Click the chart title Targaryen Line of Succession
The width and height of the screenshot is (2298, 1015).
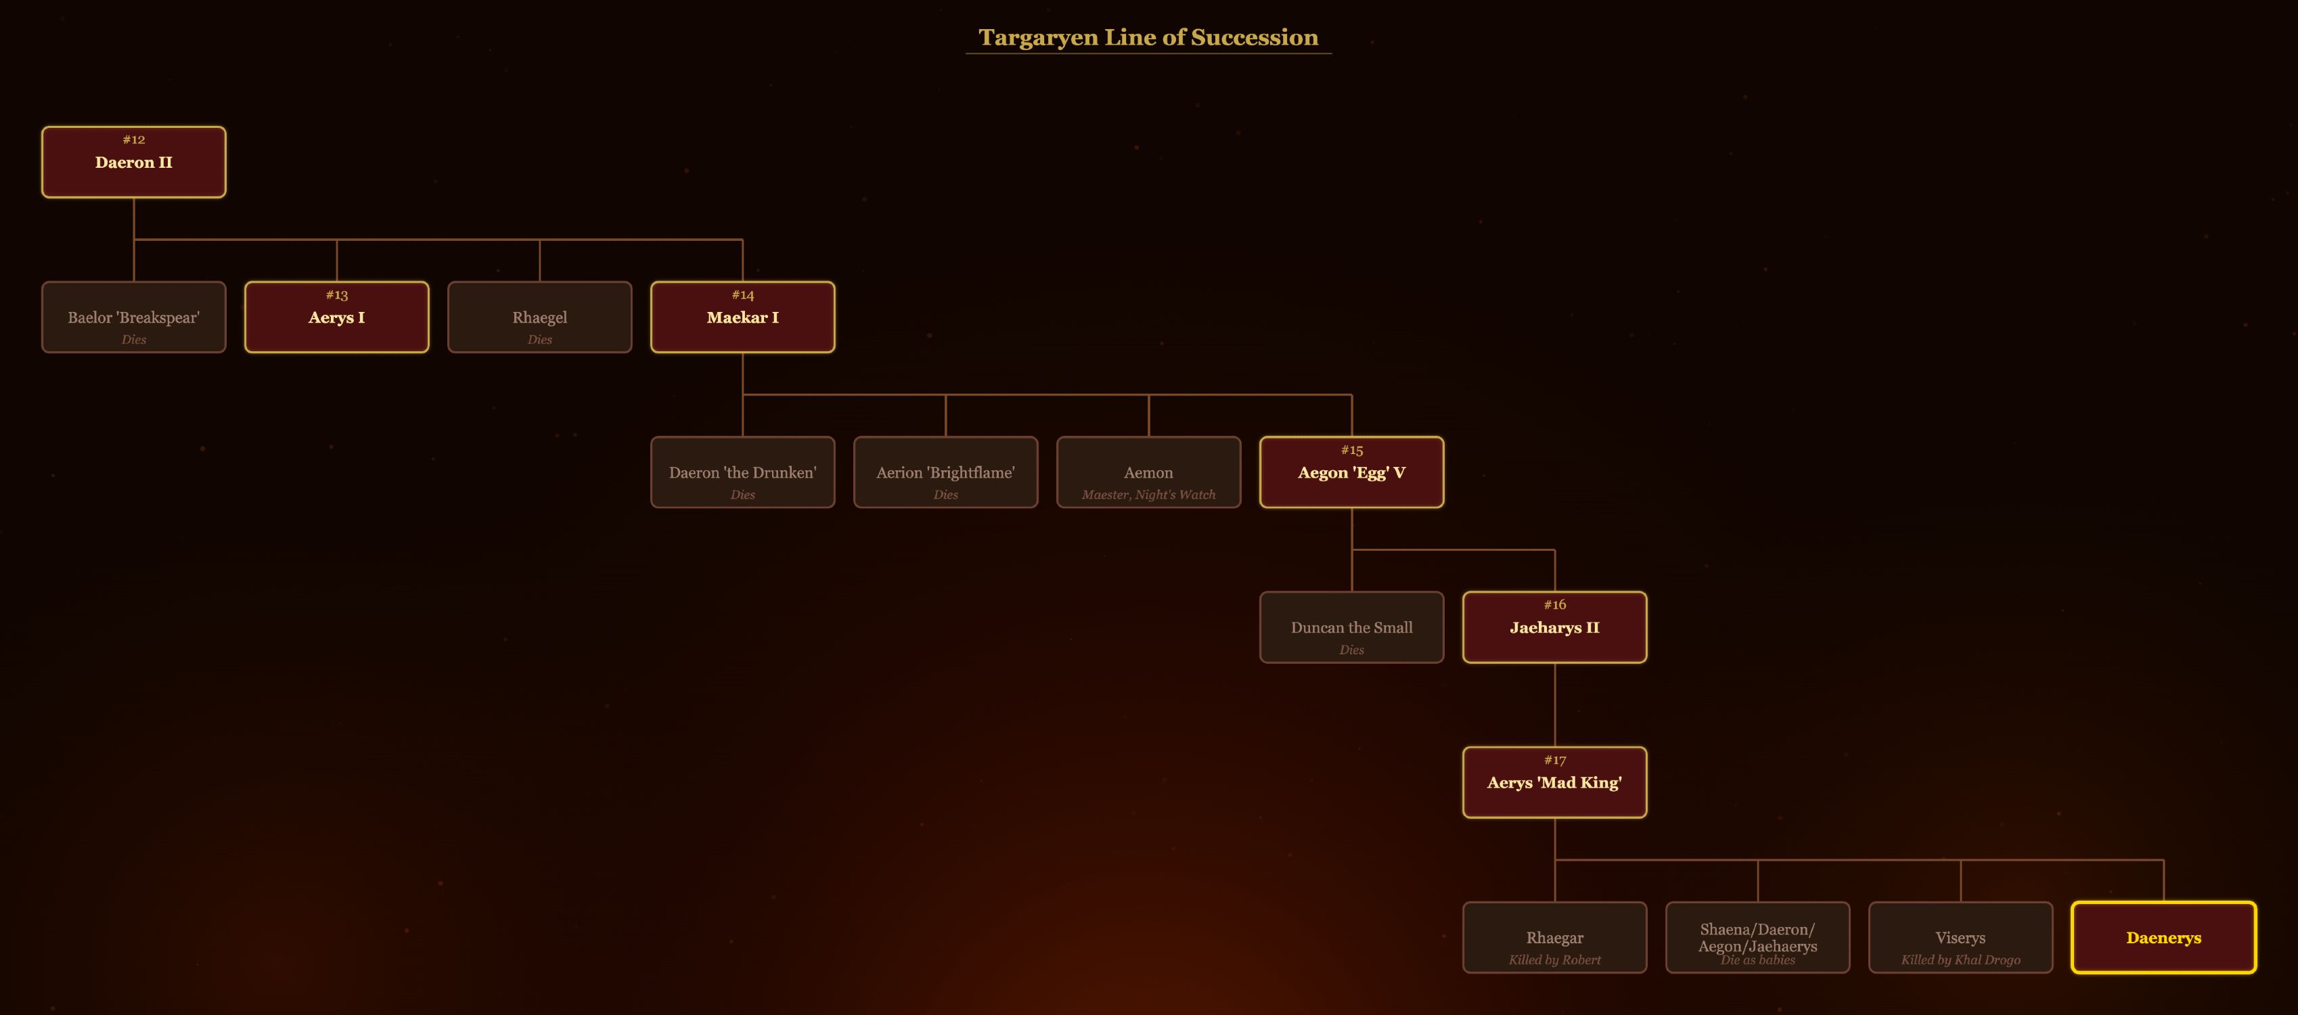tap(1148, 37)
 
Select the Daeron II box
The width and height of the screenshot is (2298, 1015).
tap(134, 162)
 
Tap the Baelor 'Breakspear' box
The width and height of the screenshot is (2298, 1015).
tap(134, 317)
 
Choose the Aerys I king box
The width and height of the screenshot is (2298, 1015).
tap(336, 317)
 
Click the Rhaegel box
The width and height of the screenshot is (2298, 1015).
tap(540, 317)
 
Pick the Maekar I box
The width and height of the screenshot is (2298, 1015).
tap(742, 317)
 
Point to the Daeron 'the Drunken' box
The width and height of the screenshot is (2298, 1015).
tap(742, 473)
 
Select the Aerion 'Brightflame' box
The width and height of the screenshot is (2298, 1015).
tap(945, 473)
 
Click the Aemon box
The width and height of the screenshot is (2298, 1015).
tap(1148, 473)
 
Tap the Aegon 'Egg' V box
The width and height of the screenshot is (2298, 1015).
tap(1351, 473)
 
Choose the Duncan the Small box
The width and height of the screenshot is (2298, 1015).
tap(1351, 628)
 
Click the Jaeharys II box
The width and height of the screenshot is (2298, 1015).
tap(1554, 628)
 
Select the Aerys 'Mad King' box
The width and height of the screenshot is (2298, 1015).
tap(1554, 783)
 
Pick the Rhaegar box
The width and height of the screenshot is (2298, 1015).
tap(1554, 937)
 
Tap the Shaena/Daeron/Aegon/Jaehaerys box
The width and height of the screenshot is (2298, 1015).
tap(1757, 937)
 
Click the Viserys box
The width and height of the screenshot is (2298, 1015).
tap(1960, 937)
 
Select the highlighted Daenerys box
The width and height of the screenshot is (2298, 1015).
tap(2163, 937)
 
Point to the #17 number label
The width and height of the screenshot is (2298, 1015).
tap(1555, 761)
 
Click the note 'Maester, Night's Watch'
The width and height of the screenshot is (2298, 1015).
tap(1148, 495)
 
